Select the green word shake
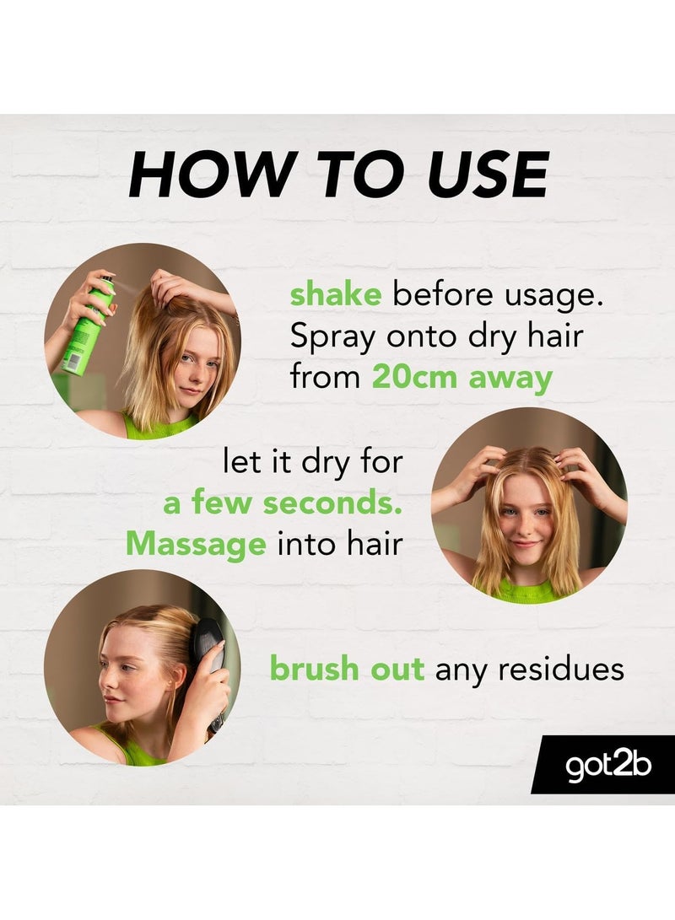click(x=336, y=295)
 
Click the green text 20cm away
click(x=462, y=377)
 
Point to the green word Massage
click(x=196, y=544)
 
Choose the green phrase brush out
click(x=347, y=669)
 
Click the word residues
click(x=561, y=670)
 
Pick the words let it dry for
click(x=312, y=462)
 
